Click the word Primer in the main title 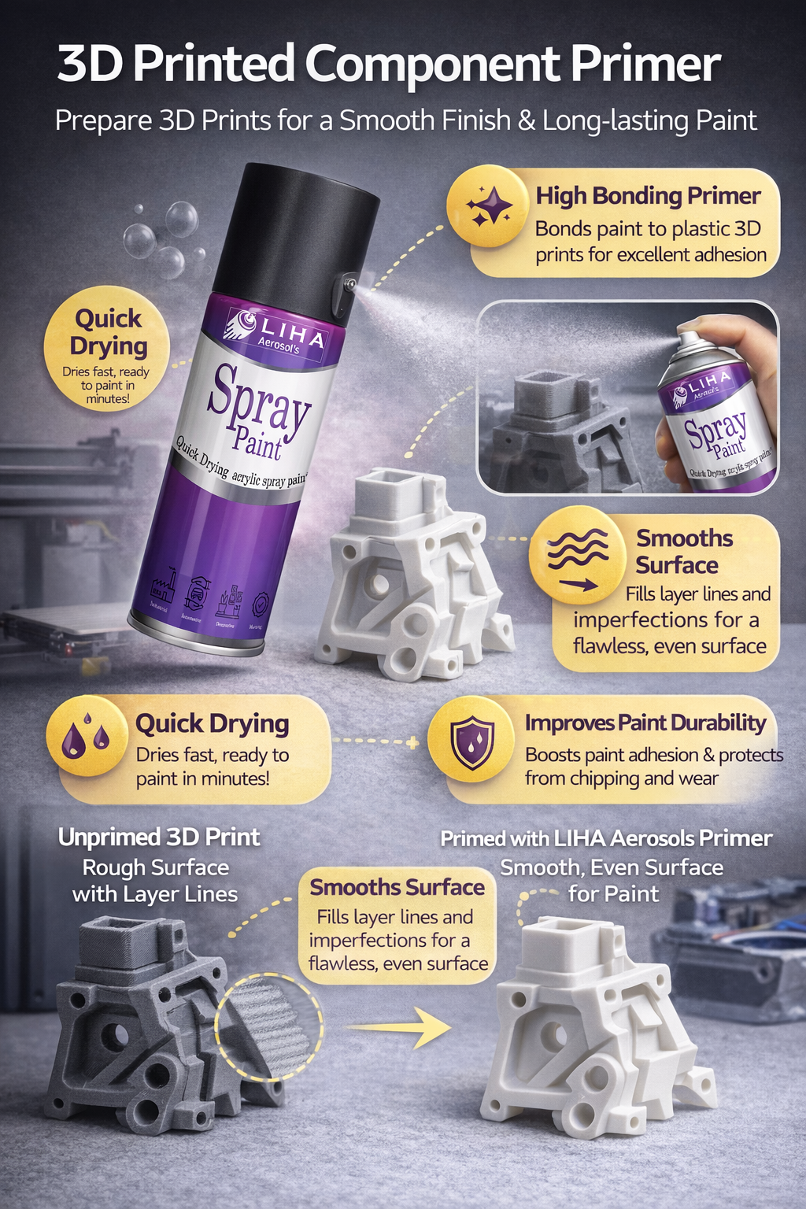[645, 65]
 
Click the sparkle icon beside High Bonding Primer [487, 206]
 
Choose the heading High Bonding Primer [648, 196]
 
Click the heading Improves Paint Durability [645, 723]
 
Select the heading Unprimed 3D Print [159, 837]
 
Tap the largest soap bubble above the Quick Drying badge [180, 219]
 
